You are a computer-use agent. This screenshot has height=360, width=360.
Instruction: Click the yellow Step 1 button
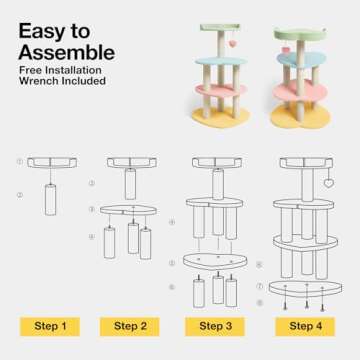(50, 326)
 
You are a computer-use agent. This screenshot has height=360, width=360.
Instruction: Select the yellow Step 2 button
(130, 326)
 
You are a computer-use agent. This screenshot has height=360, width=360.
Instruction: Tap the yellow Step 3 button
(215, 326)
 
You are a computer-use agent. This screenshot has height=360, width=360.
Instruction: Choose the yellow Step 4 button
(305, 326)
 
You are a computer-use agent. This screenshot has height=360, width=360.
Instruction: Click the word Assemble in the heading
(67, 52)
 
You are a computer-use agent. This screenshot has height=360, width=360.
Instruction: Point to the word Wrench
(36, 81)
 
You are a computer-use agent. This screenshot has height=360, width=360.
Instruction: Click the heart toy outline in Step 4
(329, 183)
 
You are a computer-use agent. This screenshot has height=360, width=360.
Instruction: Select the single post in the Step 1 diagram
(51, 199)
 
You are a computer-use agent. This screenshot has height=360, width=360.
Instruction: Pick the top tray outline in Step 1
(52, 163)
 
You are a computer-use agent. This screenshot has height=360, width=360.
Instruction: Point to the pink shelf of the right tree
(301, 90)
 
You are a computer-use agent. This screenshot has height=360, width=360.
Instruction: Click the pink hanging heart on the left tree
(231, 44)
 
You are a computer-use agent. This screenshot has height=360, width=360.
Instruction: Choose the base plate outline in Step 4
(305, 288)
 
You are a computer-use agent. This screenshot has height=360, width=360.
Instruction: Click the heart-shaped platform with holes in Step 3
(215, 261)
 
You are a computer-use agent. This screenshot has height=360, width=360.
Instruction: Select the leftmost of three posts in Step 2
(110, 242)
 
